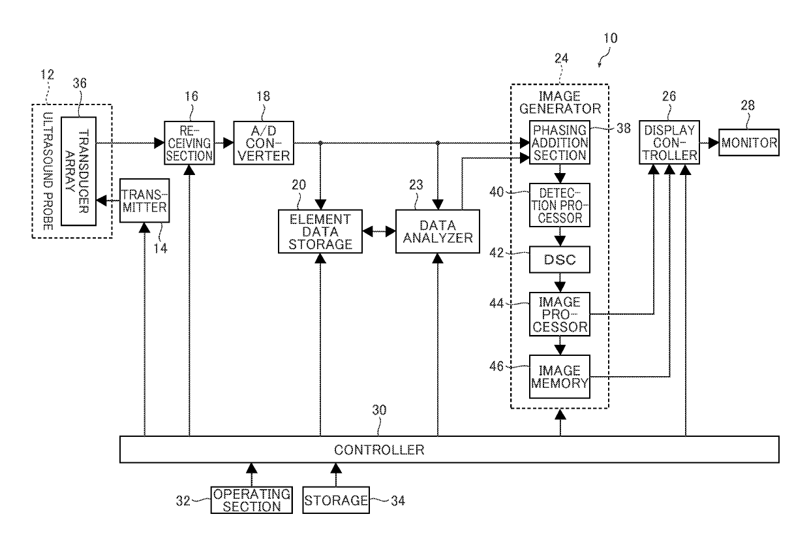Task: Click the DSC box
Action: pyautogui.click(x=559, y=260)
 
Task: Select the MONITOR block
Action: pyautogui.click(x=749, y=142)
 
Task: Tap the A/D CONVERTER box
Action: pyautogui.click(x=264, y=143)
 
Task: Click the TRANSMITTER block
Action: pyautogui.click(x=144, y=200)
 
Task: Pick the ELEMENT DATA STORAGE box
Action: pyautogui.click(x=320, y=231)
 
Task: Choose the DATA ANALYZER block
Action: pyautogui.click(x=438, y=231)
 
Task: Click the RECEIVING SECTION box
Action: pyautogui.click(x=189, y=143)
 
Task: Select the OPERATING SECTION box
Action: pyautogui.click(x=252, y=500)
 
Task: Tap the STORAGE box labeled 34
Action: pyautogui.click(x=336, y=500)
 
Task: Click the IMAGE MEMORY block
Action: pyautogui.click(x=559, y=377)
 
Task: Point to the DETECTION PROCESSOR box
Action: pyautogui.click(x=559, y=205)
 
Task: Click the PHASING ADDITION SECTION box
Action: pyautogui.click(x=559, y=142)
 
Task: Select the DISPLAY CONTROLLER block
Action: pyautogui.click(x=669, y=142)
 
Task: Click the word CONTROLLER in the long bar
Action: pyautogui.click(x=379, y=450)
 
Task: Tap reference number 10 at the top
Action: pyautogui.click(x=611, y=38)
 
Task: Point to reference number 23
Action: pyautogui.click(x=416, y=185)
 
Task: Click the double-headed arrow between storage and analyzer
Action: pyautogui.click(x=379, y=231)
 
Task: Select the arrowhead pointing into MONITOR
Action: pyautogui.click(x=714, y=143)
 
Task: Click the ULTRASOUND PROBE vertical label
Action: pyautogui.click(x=48, y=171)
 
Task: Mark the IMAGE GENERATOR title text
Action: pyautogui.click(x=560, y=103)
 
